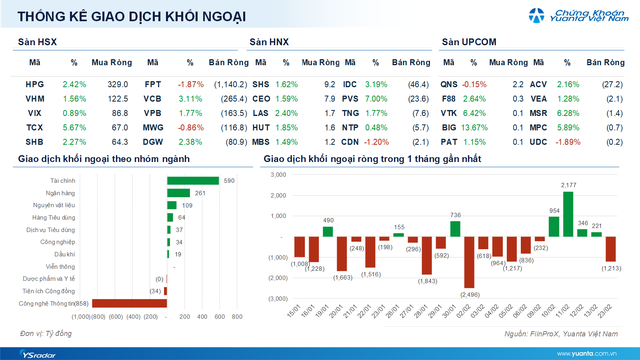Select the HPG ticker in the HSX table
click(x=34, y=84)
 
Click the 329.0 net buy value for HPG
click(x=119, y=84)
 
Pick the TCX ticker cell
click(x=34, y=129)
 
